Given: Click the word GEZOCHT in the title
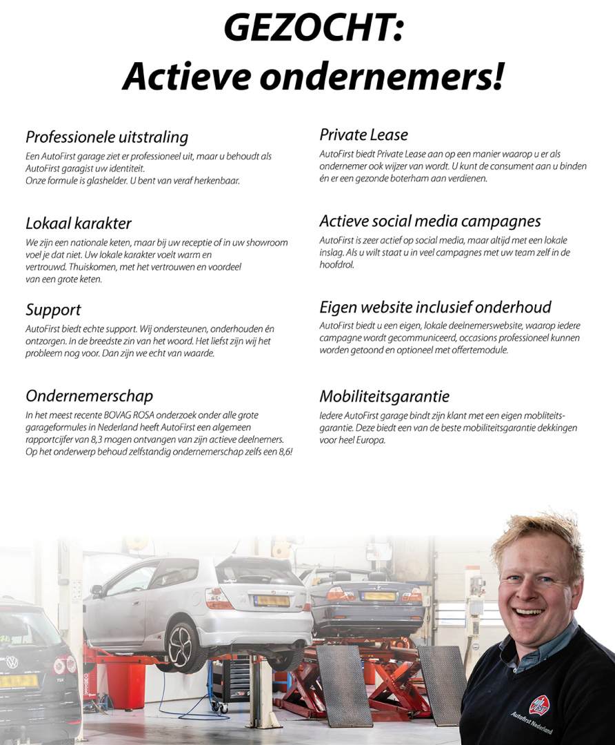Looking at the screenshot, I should click(x=307, y=29).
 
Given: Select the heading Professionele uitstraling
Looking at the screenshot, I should click(x=107, y=137).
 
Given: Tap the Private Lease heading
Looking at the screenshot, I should click(x=363, y=135).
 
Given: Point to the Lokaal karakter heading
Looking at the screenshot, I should click(x=78, y=223).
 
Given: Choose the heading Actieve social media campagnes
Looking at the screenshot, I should click(x=430, y=221).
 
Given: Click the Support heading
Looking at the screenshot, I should click(x=53, y=310).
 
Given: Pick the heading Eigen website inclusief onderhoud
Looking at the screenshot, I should click(x=435, y=307).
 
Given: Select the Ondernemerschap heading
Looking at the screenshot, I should click(x=89, y=396).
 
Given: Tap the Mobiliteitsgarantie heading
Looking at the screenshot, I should click(x=384, y=397).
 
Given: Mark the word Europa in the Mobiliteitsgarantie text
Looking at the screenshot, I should click(x=370, y=440).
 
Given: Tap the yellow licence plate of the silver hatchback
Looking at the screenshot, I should click(x=272, y=601).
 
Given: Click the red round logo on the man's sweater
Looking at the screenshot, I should click(x=538, y=705).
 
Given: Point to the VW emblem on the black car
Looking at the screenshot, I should click(x=12, y=662).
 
